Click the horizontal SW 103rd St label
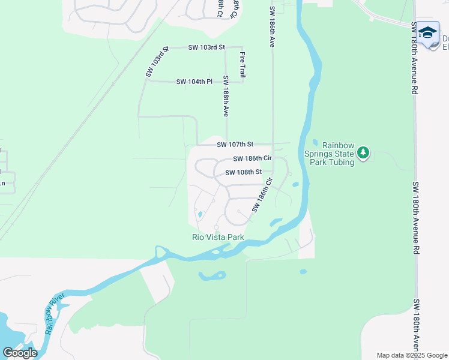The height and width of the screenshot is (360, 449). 206,47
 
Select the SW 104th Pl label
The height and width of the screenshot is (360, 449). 194,82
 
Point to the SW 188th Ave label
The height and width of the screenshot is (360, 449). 226,96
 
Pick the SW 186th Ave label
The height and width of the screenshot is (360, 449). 272,28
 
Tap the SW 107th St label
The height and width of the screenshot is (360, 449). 235,145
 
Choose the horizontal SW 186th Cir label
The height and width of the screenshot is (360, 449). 252,159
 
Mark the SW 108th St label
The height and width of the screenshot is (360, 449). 244,172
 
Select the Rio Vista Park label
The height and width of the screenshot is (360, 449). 218,237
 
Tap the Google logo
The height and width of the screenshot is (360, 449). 20,353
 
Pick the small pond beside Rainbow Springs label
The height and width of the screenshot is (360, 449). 315,142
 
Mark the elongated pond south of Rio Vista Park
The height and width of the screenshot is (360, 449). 212,276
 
